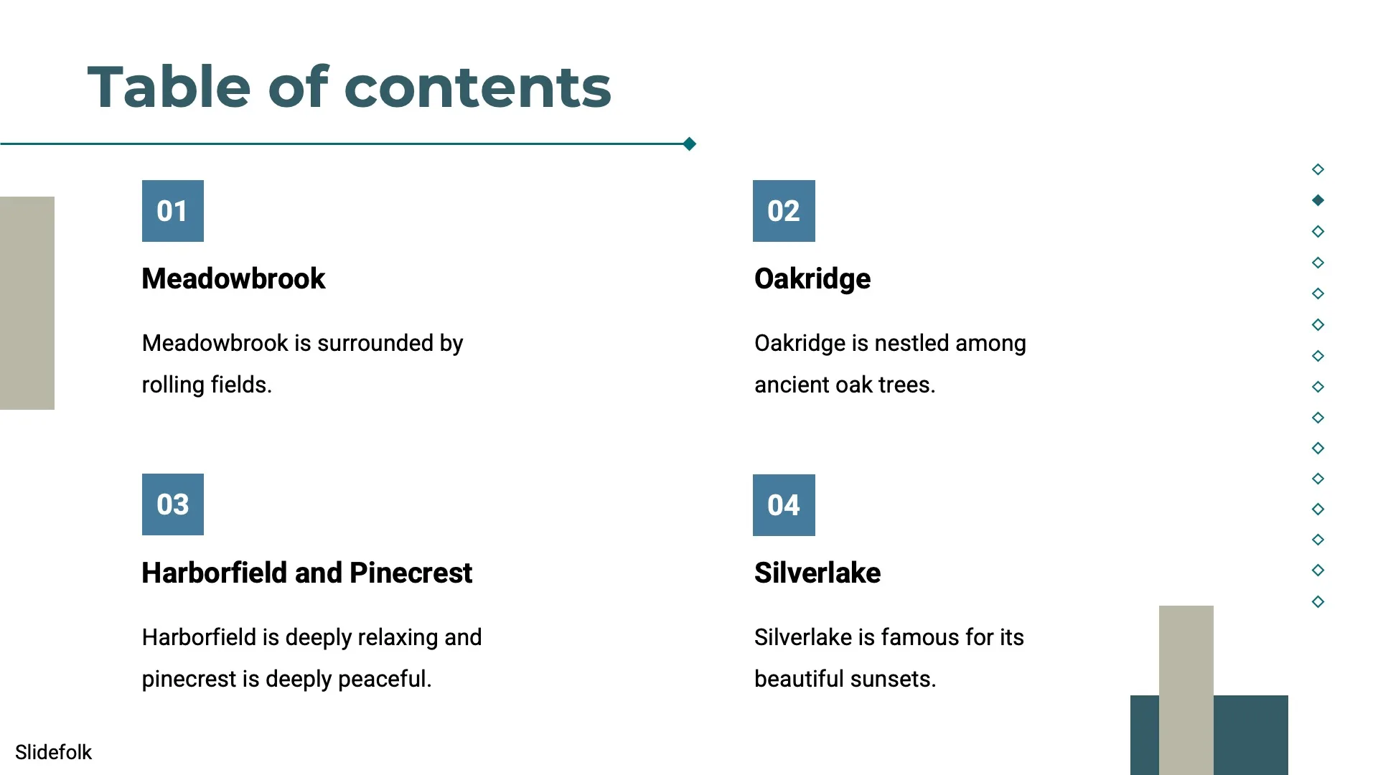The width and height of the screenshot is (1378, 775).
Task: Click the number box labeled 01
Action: pos(173,211)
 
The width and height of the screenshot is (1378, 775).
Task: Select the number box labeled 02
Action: pos(784,211)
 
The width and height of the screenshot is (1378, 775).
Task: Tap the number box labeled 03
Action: pos(173,504)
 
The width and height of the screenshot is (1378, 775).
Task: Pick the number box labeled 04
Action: pos(784,505)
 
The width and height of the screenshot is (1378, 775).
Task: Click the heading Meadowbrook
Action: pos(233,278)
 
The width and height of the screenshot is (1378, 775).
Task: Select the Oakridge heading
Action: pos(812,279)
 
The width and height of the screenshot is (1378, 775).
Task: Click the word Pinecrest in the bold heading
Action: pos(411,573)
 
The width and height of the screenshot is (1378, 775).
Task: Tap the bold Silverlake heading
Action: pos(817,573)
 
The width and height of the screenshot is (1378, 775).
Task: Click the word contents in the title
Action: pos(478,88)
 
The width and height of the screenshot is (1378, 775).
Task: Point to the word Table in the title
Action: pos(169,87)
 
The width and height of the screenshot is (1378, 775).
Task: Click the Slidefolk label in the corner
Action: pos(53,752)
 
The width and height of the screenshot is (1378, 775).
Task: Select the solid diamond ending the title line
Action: pos(690,144)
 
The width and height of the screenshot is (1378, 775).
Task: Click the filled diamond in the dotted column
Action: pos(1318,200)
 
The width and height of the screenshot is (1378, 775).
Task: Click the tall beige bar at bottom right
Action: pos(1186,690)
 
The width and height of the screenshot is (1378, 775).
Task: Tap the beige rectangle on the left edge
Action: pos(27,303)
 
